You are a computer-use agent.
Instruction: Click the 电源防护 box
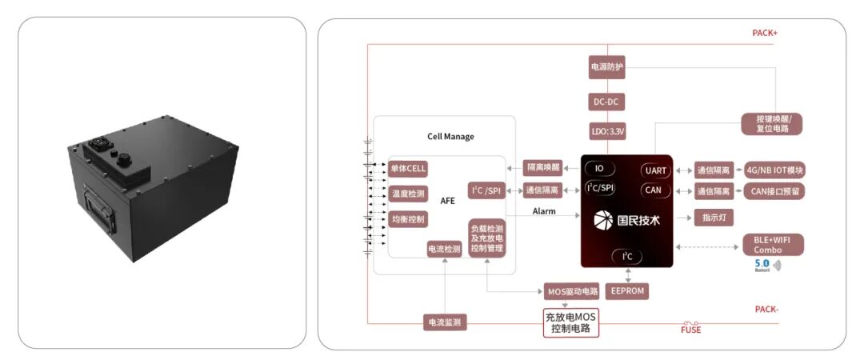coord(606,68)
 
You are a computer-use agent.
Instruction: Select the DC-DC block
coord(606,102)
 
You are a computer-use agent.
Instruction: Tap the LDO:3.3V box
coord(606,130)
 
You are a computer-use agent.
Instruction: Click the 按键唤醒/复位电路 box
coord(772,123)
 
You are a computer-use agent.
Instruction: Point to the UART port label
coord(655,170)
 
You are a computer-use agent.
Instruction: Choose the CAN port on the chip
coord(654,190)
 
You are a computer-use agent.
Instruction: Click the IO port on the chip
coord(598,168)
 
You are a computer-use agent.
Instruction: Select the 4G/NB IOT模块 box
coord(774,170)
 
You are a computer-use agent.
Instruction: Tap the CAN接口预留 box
coord(774,191)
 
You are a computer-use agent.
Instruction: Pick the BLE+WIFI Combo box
coord(773,245)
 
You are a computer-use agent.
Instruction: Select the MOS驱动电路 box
coord(572,290)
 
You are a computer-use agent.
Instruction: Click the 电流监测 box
coord(444,322)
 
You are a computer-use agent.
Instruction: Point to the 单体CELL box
coord(408,169)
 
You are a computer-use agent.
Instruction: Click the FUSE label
coord(691,329)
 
